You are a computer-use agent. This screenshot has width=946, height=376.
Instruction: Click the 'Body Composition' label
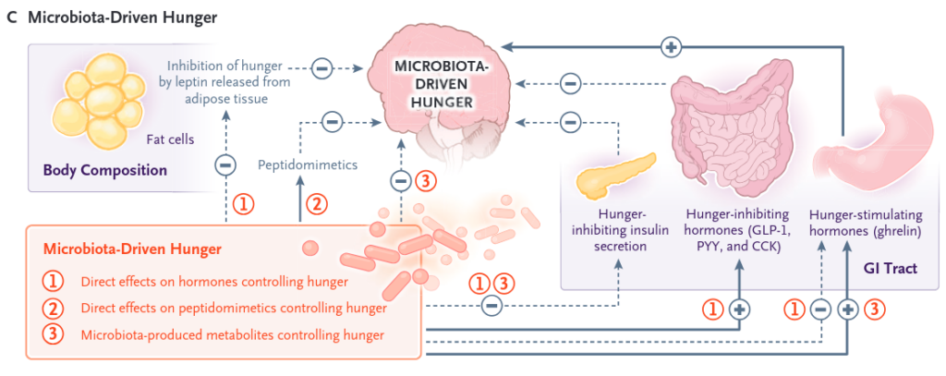(x=104, y=170)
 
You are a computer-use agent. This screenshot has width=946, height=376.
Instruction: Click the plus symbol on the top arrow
(x=672, y=44)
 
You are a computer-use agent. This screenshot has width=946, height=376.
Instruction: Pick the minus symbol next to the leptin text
(x=321, y=67)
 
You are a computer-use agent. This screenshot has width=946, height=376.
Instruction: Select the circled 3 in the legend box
(x=55, y=334)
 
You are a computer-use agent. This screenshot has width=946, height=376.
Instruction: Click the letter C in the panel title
(x=10, y=18)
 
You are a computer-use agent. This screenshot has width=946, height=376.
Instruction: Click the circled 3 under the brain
(x=424, y=181)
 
